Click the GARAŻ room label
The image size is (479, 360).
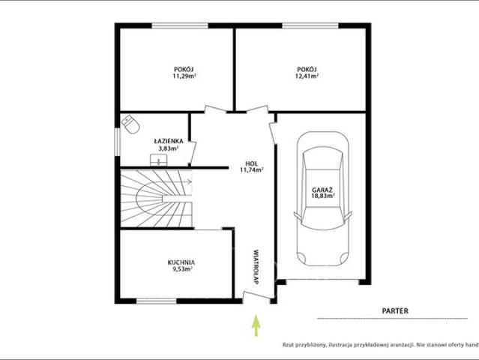tap(322, 190)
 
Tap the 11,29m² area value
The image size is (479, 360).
tap(184, 76)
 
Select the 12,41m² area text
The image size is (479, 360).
tap(307, 76)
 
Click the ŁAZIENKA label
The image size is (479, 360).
tap(169, 141)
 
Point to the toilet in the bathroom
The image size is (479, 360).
tap(130, 124)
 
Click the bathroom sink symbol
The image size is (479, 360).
tap(159, 160)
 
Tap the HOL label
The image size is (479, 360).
tap(252, 163)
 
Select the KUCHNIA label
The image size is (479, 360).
tap(181, 262)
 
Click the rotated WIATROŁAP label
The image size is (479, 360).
tap(256, 268)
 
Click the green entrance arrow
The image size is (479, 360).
tap(256, 325)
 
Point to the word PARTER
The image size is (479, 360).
tap(395, 311)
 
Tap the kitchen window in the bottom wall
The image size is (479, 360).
tap(157, 301)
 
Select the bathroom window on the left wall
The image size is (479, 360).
tap(117, 142)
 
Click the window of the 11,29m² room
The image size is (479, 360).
tap(180, 25)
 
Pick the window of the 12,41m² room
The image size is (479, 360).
tap(310, 25)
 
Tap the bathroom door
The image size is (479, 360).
tap(193, 153)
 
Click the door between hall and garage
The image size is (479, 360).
tap(273, 133)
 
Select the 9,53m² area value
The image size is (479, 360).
tap(181, 269)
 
